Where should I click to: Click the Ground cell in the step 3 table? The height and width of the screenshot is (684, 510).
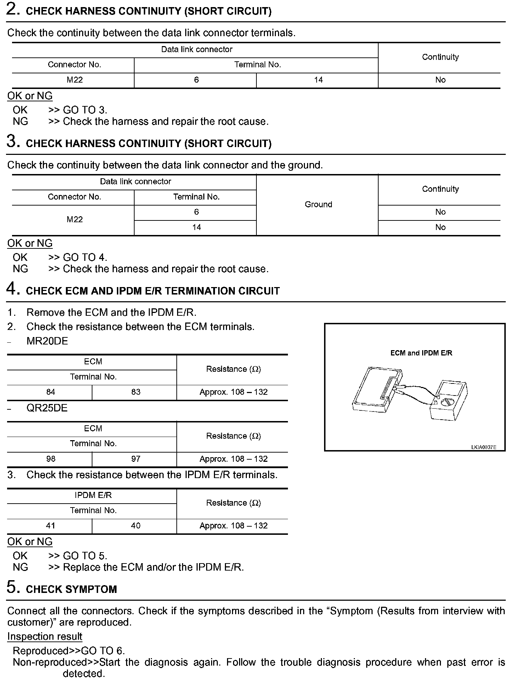[318, 204]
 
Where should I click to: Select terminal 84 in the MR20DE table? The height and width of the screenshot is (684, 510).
[51, 392]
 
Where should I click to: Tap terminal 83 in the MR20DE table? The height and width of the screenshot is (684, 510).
[136, 392]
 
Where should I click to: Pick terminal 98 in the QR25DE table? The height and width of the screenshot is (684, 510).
[51, 459]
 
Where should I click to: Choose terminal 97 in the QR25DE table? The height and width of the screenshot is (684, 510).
[136, 459]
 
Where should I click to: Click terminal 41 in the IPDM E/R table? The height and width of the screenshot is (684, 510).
[51, 526]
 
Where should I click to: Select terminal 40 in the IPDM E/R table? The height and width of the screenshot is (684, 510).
[136, 526]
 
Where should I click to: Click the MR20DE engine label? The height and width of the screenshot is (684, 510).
[47, 341]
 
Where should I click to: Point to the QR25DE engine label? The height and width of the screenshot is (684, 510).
[47, 408]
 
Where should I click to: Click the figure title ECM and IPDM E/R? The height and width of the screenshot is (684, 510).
[421, 353]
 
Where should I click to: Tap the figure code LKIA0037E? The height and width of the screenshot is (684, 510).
[483, 447]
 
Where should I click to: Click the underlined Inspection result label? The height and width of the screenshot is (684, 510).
[45, 637]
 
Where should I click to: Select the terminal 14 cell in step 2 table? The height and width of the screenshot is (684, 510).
[318, 80]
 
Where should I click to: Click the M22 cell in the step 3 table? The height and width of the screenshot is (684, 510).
[74, 220]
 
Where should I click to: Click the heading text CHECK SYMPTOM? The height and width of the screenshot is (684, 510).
[71, 589]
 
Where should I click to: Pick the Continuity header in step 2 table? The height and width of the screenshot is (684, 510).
[440, 57]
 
